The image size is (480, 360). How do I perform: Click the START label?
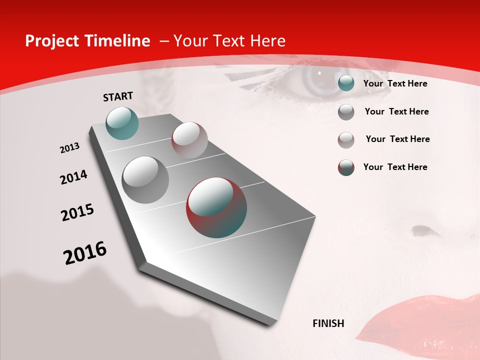pos(118,96)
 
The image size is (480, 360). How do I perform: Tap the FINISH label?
pos(328,323)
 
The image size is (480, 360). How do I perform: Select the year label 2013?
pos(69,148)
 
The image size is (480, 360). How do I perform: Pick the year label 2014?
pos(73,177)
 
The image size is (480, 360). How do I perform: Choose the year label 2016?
pos(85,253)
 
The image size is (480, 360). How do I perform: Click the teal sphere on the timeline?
pos(122,123)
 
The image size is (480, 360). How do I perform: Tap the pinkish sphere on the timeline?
pos(189,139)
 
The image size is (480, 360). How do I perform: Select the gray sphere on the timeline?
pos(145,179)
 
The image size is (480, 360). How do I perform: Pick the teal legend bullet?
pos(346,83)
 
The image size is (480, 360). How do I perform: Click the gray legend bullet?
pos(346,112)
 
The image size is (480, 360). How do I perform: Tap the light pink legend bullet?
pos(346,140)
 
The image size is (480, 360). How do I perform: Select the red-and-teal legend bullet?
pos(346,167)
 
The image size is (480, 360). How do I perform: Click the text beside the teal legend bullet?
pos(395,83)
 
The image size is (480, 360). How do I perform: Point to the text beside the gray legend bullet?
pos(396,111)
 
